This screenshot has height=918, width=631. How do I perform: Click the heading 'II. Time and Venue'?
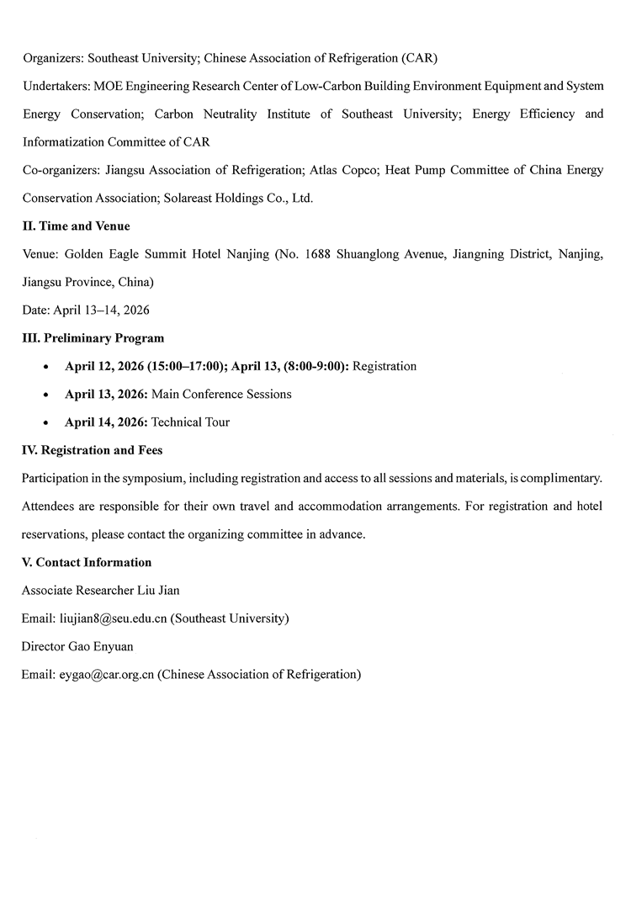click(x=76, y=226)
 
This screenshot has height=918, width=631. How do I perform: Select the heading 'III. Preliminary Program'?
click(x=93, y=338)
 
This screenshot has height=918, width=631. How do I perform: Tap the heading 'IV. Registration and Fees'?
click(x=93, y=450)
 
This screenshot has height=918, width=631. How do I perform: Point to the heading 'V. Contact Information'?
click(x=87, y=562)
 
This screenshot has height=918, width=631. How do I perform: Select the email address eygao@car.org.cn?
click(x=105, y=674)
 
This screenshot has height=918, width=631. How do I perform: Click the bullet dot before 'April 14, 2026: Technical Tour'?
click(x=45, y=422)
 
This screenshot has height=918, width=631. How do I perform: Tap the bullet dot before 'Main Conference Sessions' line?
click(x=45, y=395)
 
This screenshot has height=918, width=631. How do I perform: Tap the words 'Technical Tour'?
click(x=190, y=422)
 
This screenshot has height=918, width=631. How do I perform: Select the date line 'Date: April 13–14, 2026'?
click(x=86, y=310)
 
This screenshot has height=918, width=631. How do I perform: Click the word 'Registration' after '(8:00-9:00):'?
click(x=384, y=366)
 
